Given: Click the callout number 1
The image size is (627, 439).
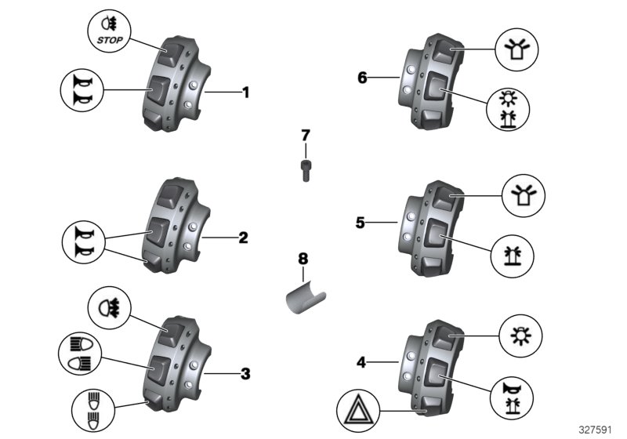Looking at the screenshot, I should [x=245, y=93].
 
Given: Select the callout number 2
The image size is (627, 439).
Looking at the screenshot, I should [x=243, y=237].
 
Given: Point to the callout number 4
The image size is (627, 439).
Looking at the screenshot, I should [x=361, y=362].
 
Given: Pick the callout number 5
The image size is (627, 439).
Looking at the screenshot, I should [x=361, y=223].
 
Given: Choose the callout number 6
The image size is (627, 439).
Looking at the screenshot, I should [x=361, y=78].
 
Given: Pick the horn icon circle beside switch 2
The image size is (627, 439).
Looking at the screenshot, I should [x=82, y=243].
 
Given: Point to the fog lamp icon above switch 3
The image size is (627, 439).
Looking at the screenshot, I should [x=110, y=306].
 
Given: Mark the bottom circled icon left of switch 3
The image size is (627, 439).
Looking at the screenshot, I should [x=92, y=407].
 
